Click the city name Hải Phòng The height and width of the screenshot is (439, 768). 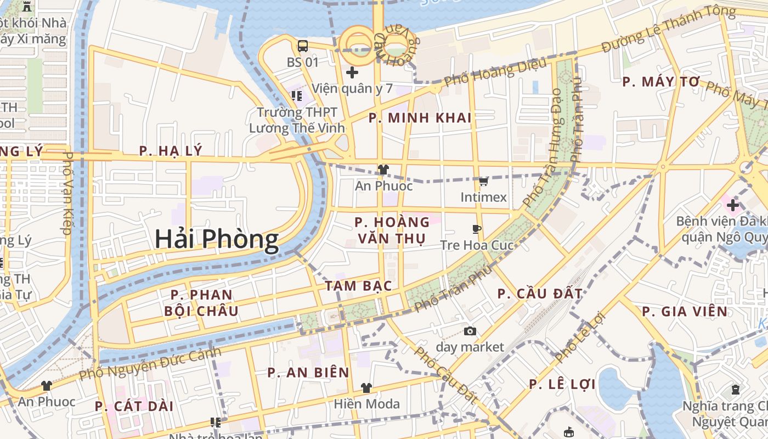(216, 239)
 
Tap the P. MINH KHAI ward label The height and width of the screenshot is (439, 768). (420, 118)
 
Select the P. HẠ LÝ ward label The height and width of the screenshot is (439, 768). (171, 151)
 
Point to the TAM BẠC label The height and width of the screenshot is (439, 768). (358, 286)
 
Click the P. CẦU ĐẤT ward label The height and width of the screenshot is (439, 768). (540, 294)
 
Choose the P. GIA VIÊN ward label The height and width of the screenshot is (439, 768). (685, 312)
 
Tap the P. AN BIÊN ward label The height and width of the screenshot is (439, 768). (308, 373)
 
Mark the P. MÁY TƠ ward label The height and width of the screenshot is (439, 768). (662, 82)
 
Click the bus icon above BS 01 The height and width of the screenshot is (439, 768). (302, 46)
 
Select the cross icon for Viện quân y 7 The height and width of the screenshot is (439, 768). (352, 72)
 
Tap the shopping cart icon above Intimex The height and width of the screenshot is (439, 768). (483, 181)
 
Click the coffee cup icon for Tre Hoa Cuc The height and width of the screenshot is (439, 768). (477, 229)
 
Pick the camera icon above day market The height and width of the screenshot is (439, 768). (470, 331)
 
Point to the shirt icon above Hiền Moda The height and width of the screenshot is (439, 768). (366, 388)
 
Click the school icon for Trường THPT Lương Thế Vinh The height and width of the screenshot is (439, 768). (297, 96)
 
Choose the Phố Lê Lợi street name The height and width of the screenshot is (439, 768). (579, 337)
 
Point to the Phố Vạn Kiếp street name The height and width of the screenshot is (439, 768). (67, 193)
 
